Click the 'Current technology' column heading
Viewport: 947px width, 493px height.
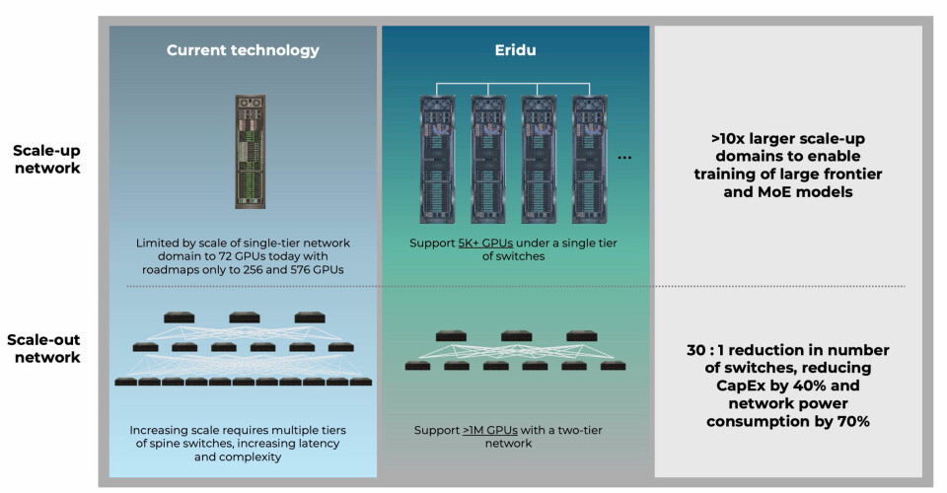(x=242, y=49)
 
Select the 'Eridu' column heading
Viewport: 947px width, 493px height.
(x=515, y=49)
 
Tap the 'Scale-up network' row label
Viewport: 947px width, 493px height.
(x=47, y=160)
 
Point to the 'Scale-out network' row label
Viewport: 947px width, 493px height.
(x=47, y=348)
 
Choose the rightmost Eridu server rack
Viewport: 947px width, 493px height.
(x=591, y=156)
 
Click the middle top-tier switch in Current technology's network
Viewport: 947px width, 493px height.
(x=244, y=317)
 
